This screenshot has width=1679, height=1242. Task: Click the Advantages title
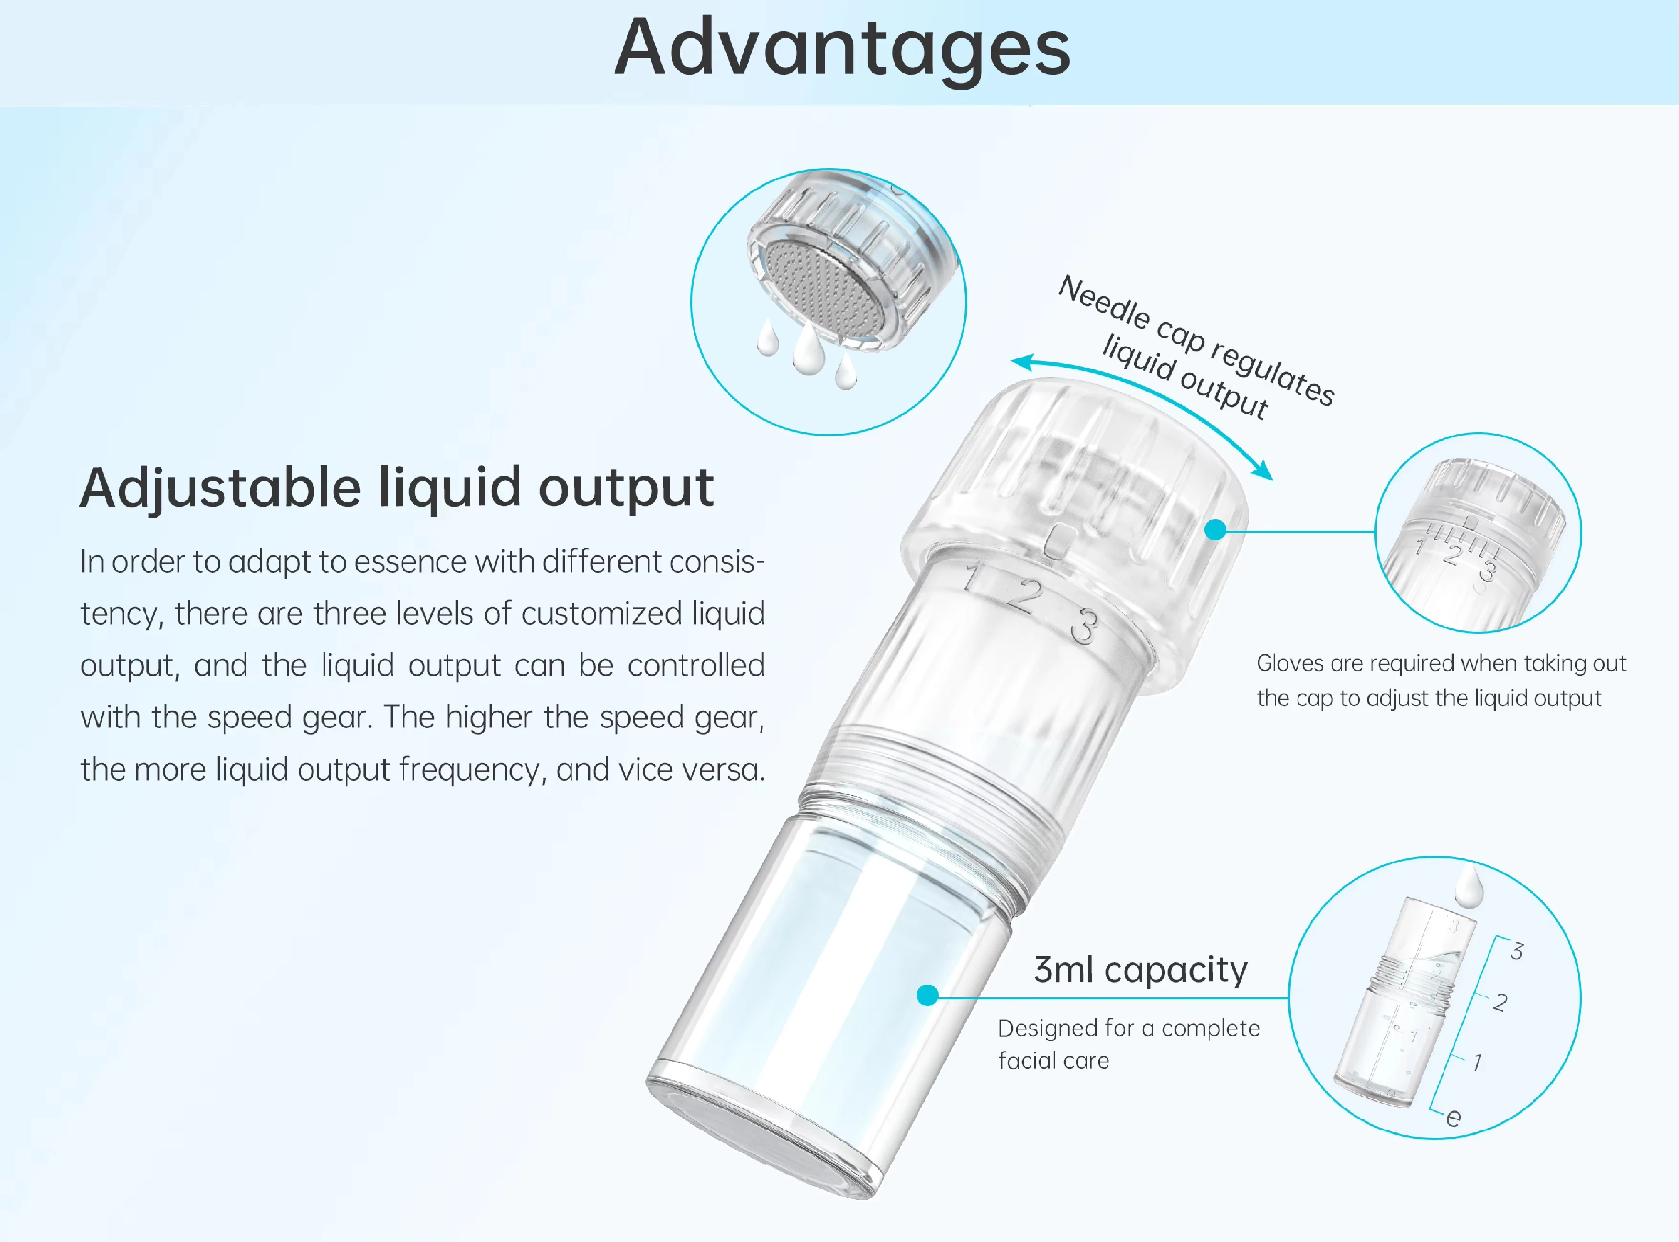(x=842, y=49)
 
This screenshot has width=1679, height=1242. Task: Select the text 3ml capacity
(x=1141, y=970)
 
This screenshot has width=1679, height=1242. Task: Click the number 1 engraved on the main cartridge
(x=974, y=577)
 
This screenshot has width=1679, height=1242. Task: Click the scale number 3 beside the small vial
(x=1517, y=951)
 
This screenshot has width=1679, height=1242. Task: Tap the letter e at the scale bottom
(x=1454, y=1118)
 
